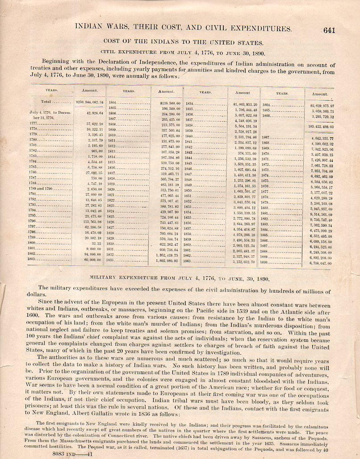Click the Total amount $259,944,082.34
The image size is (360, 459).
point(89,102)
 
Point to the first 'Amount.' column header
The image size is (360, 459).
point(90,91)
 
